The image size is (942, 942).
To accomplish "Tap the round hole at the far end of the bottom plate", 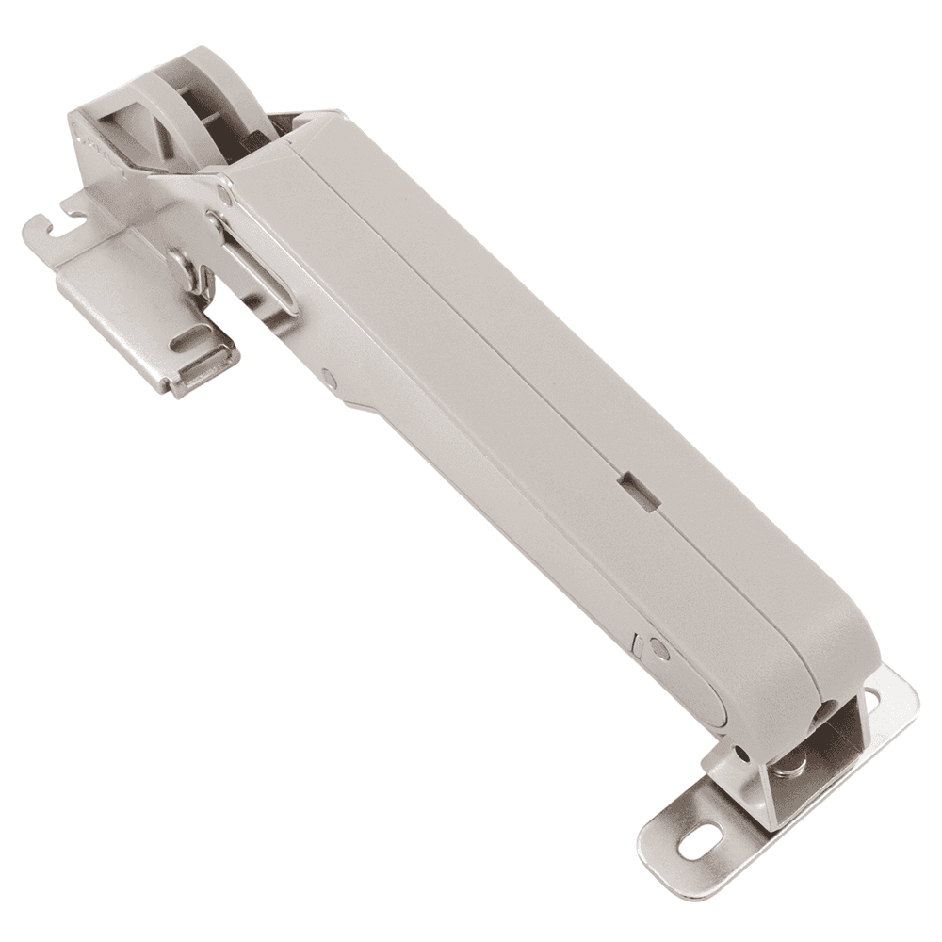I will (x=870, y=699).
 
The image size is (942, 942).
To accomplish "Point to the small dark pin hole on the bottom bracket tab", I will (x=743, y=753).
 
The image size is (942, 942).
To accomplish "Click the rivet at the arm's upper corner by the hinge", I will (x=222, y=195).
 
